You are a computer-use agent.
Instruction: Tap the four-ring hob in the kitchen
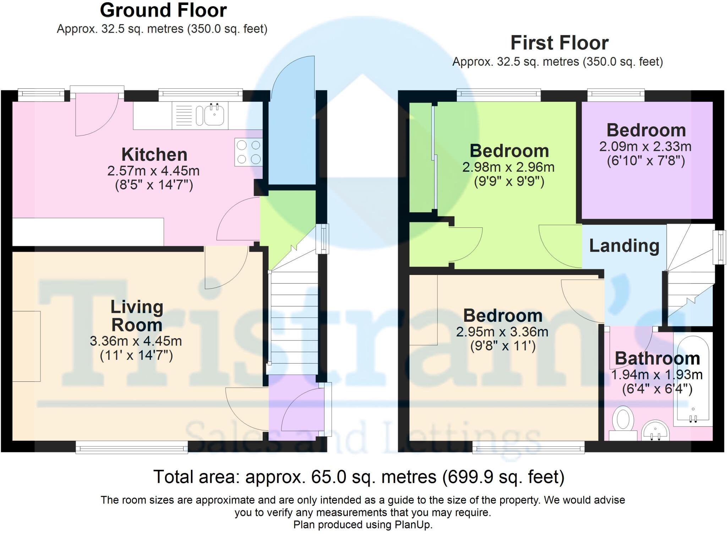click(x=248, y=152)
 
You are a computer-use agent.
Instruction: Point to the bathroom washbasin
click(x=656, y=430)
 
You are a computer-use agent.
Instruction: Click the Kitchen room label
click(x=154, y=155)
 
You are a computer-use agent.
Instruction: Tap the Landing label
click(x=624, y=246)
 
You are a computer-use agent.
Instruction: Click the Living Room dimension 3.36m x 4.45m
click(x=136, y=341)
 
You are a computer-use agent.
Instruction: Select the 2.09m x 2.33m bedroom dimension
click(x=645, y=147)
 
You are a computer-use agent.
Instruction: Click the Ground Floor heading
click(x=163, y=10)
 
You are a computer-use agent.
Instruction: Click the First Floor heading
click(x=559, y=43)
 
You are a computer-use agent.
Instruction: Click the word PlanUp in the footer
click(x=412, y=525)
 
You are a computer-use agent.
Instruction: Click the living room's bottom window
click(x=132, y=447)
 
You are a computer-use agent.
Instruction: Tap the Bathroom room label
click(x=657, y=358)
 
